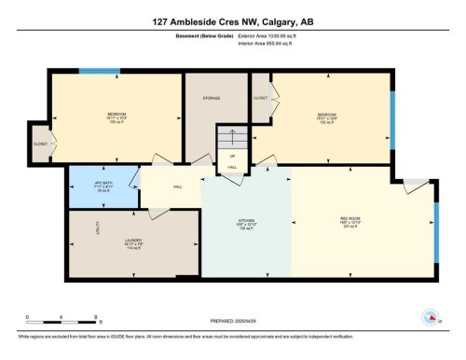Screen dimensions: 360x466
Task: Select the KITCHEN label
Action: point(245,222)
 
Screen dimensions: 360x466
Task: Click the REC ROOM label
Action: point(363,222)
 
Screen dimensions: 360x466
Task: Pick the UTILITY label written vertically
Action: point(96,228)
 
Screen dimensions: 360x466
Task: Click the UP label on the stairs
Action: point(232,156)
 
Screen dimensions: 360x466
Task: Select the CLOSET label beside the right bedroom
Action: point(261,97)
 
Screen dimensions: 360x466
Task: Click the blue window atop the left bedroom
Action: point(99,71)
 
